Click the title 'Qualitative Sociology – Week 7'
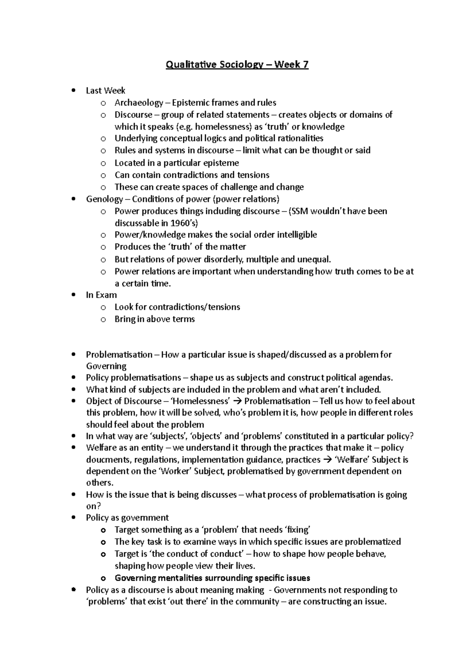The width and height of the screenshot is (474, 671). click(237, 64)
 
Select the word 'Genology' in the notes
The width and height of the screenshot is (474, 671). click(104, 199)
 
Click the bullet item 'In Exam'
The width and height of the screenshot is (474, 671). click(102, 295)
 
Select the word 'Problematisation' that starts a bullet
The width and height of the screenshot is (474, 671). click(119, 354)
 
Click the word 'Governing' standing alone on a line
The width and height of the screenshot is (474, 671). click(106, 366)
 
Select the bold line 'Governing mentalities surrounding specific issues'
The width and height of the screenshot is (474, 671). click(212, 578)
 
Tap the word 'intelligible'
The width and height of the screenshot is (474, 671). click(297, 235)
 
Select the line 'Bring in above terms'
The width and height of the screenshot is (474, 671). click(154, 319)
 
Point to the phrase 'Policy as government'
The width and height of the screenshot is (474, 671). click(127, 518)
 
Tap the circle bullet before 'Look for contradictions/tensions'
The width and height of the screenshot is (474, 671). click(103, 307)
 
